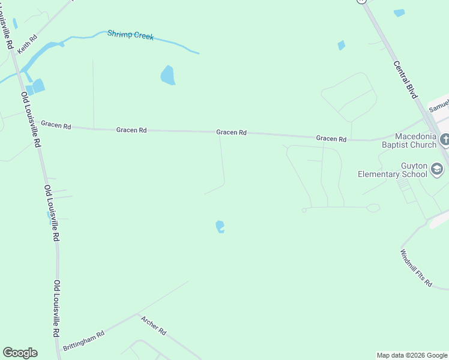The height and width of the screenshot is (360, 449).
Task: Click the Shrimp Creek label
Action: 130,35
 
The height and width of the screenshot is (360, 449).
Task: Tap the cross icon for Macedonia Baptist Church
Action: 444,140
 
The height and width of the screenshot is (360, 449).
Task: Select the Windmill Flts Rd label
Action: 415,268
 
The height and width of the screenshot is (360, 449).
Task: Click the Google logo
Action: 20,353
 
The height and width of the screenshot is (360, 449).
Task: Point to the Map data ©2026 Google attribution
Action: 412,355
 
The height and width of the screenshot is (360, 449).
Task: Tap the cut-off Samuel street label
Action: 438,107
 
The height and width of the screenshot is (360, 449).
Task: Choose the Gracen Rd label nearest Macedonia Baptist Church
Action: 331,139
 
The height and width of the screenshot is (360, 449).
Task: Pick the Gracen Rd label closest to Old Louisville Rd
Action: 56,126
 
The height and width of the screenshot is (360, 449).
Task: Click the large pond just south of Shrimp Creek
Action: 167,75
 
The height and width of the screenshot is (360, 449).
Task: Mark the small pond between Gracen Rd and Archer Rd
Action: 220,227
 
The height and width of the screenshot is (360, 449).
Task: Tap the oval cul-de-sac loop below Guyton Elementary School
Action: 373,208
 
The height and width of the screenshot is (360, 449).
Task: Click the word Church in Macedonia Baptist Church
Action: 420,145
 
